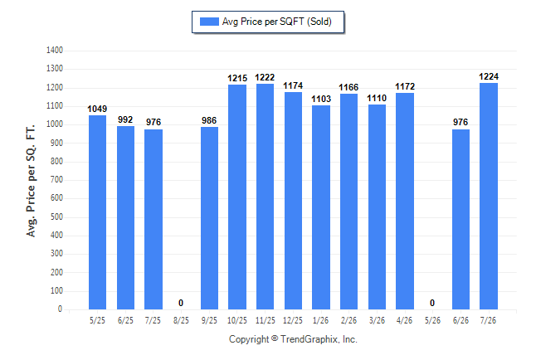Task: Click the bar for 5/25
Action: coord(97,212)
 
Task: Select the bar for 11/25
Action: coord(265,197)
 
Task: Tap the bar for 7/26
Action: coord(489,197)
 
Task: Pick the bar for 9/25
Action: coord(209,218)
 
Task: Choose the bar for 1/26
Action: coord(321,207)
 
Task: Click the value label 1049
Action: coord(97,109)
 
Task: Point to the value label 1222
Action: coord(265,78)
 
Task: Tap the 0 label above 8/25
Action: coord(181,303)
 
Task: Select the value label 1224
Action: coord(489,76)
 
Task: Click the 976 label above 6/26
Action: coord(460,122)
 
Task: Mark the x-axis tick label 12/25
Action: coord(293,320)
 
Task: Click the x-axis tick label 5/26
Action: coord(432,320)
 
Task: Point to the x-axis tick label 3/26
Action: coord(377,320)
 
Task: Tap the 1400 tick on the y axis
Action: coord(55,51)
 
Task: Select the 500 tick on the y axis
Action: coord(56,216)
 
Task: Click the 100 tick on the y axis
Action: coord(56,291)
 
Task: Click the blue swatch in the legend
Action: coord(209,22)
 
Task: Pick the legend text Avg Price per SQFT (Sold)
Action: coord(277,22)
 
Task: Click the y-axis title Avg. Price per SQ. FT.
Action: coord(31,181)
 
